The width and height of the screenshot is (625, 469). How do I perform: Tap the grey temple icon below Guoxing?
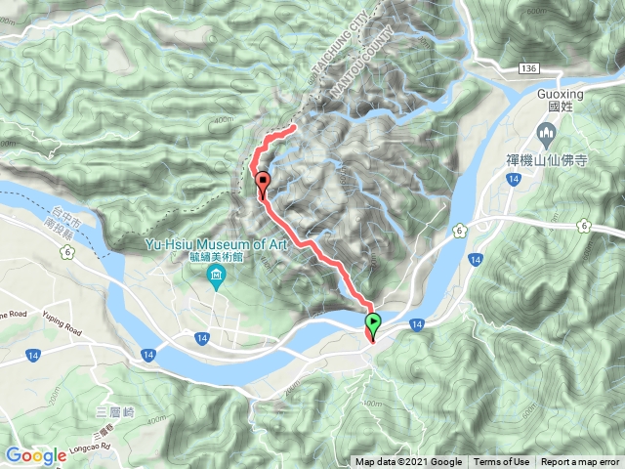(x=546, y=131)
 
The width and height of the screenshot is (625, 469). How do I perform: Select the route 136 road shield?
(x=529, y=67)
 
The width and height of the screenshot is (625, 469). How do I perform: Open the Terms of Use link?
(x=502, y=462)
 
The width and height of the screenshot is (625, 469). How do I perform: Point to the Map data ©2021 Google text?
(x=408, y=462)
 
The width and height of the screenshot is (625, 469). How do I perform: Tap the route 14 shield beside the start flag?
(x=416, y=323)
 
